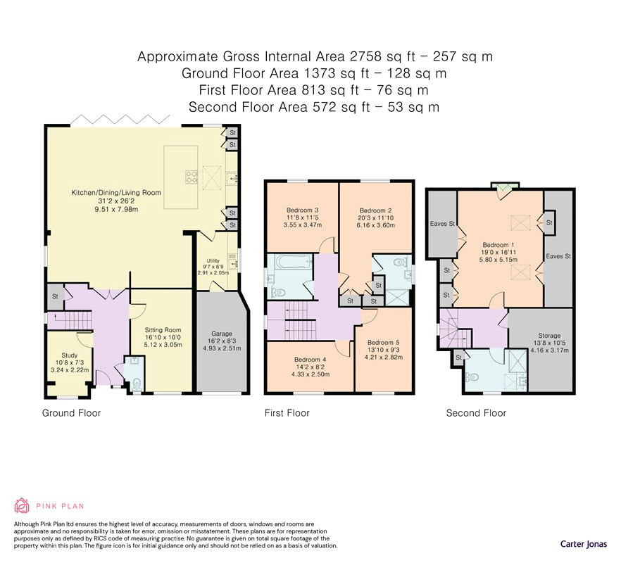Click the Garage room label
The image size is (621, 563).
[222, 334]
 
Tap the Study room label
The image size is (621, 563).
[70, 355]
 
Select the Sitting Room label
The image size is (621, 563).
[163, 330]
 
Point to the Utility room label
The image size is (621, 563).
[213, 260]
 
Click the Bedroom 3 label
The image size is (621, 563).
[303, 210]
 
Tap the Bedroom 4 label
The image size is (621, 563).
[310, 360]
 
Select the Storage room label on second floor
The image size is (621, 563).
[549, 336]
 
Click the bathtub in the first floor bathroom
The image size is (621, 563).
[291, 261]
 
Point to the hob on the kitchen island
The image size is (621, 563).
[192, 177]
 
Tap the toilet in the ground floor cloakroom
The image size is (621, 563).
[137, 384]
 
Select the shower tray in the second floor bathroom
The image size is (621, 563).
[517, 361]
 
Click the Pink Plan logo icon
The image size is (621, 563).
[22, 505]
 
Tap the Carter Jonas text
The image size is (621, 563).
[584, 544]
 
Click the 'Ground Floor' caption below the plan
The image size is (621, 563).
[71, 413]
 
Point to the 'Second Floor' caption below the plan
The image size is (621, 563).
[476, 413]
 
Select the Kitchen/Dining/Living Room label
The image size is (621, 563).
[116, 193]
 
